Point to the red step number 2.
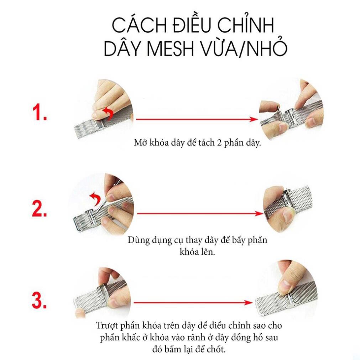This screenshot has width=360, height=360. point(40,208)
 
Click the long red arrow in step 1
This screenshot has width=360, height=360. point(197,119)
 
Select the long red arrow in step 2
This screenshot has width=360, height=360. point(200,214)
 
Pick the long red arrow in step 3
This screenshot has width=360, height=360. point(193,303)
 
